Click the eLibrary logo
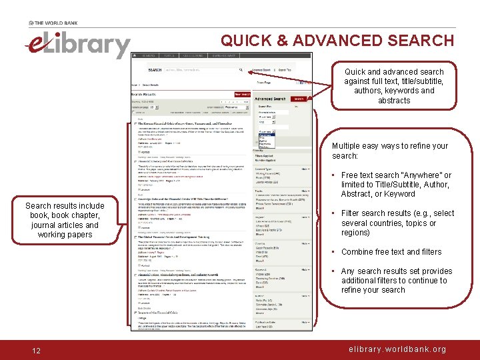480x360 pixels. point(77,45)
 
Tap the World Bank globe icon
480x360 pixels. point(32,23)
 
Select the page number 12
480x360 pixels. point(37,350)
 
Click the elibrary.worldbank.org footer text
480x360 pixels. point(398,349)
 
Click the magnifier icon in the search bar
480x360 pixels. point(241,70)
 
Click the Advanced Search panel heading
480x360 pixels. point(270,99)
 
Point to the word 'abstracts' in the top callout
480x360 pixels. point(394,101)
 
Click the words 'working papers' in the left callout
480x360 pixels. point(65,235)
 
